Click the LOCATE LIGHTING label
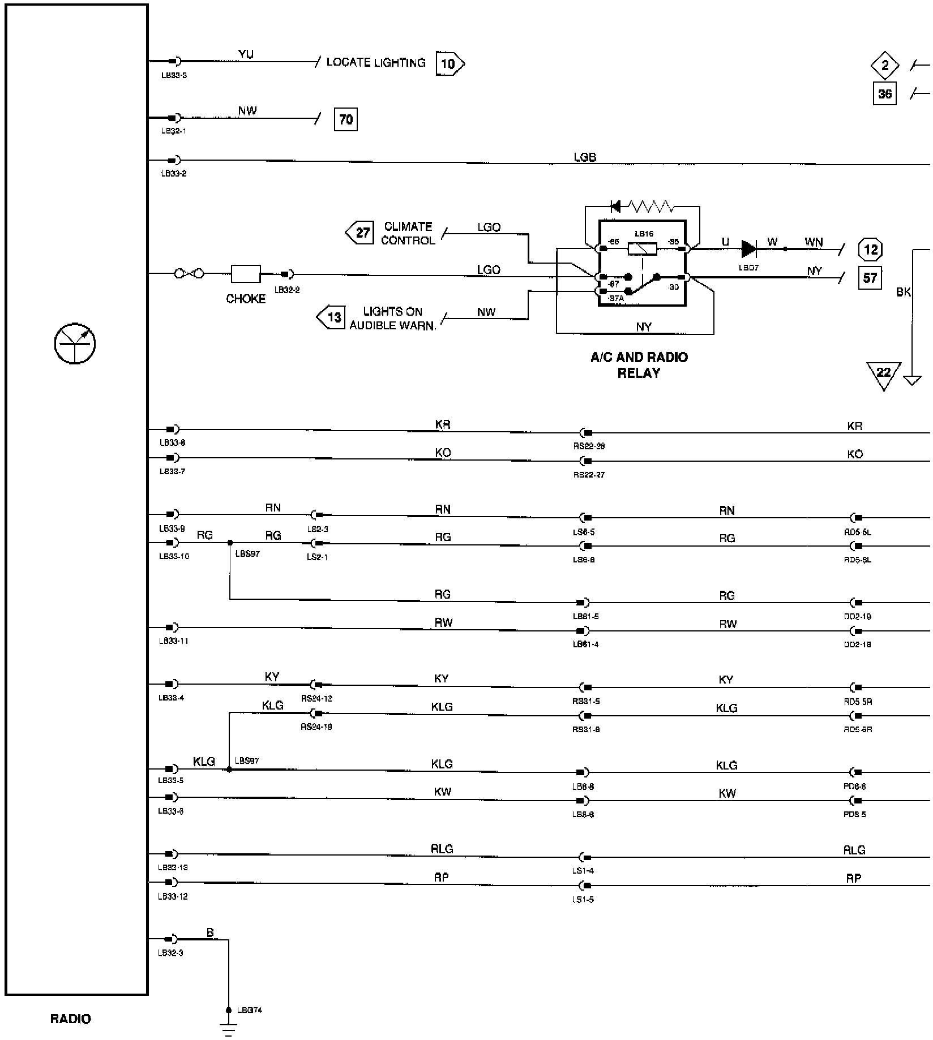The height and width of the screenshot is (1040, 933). (x=375, y=62)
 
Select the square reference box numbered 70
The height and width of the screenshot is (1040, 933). (x=345, y=119)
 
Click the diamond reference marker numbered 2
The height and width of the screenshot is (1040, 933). (x=885, y=65)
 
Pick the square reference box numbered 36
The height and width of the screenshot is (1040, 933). (x=884, y=93)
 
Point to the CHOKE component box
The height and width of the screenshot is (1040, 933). (x=246, y=274)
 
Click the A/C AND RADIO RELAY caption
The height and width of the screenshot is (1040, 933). (x=639, y=365)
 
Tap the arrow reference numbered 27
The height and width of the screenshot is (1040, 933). (x=360, y=233)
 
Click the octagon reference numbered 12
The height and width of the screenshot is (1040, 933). (x=870, y=249)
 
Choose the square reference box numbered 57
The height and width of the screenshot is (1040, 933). (x=870, y=278)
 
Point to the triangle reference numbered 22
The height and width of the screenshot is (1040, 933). (x=883, y=375)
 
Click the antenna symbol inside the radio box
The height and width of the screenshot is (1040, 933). (x=75, y=343)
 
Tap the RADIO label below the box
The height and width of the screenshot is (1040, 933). (x=70, y=1019)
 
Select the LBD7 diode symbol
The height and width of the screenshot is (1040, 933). (x=748, y=248)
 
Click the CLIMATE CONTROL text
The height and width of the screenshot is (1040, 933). (x=408, y=233)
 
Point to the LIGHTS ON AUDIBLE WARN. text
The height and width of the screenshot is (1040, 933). (x=392, y=319)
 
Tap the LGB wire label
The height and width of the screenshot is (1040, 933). (x=584, y=157)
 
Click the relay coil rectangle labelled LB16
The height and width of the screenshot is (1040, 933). (x=643, y=248)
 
